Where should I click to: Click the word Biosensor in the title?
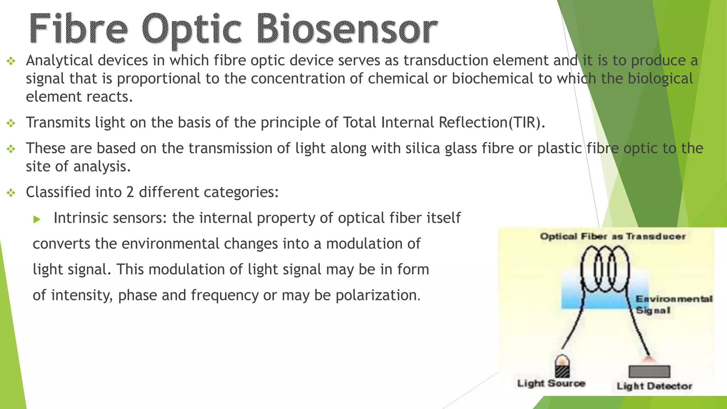[346, 29]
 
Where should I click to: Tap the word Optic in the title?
[192, 30]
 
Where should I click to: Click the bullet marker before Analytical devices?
[11, 61]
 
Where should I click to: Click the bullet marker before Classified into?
[11, 193]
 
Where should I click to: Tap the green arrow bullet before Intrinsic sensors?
[37, 219]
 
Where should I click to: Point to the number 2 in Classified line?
[130, 192]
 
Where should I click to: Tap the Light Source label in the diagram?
[551, 383]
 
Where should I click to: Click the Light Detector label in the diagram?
[654, 386]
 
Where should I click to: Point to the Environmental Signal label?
[673, 304]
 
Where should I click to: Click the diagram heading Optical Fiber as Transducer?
[613, 236]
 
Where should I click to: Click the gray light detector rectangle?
[649, 372]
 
